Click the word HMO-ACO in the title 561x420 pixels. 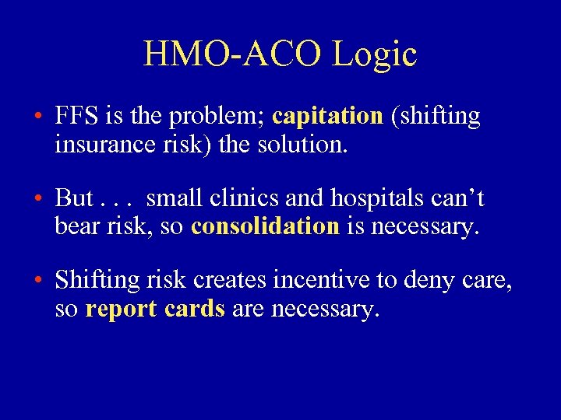230,54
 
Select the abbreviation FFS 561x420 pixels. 76,116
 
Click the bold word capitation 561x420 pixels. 328,117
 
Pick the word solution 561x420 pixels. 305,145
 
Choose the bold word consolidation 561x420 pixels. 265,226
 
